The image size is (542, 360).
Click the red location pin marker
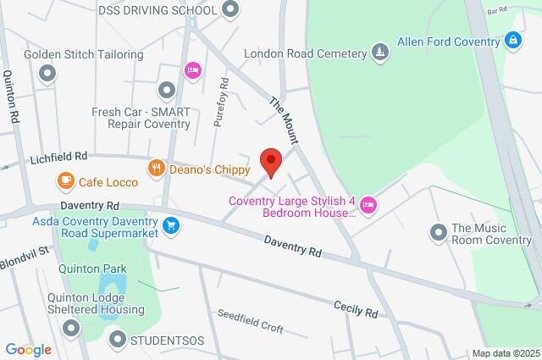point(270,161)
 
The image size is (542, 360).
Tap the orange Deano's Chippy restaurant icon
point(155,169)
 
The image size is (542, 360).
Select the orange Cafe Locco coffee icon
point(65,180)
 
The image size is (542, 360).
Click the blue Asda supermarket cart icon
point(172,225)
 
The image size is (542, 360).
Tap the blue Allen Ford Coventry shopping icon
point(512,39)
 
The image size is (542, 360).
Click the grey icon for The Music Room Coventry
point(438,231)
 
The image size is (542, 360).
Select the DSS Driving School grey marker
point(230,9)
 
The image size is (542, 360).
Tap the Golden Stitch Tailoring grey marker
point(47,74)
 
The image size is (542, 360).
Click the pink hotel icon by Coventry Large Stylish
point(368,204)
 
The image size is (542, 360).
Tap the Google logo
point(28,349)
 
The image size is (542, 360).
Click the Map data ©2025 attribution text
point(505,353)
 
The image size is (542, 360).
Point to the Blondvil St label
point(26,251)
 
